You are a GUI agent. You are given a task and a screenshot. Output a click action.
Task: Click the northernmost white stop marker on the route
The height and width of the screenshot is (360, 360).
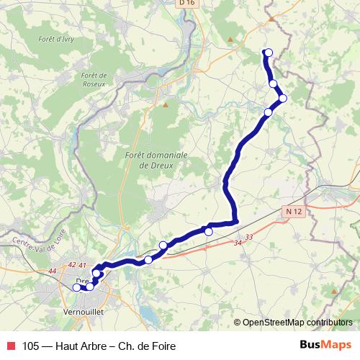pos(269,52)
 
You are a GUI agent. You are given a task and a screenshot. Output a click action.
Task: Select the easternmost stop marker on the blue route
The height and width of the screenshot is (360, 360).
pos(283,98)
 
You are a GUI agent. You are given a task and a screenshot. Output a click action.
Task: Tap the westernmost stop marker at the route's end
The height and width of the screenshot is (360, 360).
pos(77,287)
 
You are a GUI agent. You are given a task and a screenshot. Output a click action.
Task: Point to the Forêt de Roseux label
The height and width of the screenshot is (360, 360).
pos(94,78)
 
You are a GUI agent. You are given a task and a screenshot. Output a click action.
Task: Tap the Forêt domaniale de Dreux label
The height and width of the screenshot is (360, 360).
pos(156,159)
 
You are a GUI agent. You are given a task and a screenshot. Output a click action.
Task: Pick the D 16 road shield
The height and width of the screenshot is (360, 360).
pos(187,3)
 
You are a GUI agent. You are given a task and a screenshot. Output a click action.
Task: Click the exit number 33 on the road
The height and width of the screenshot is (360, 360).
pos(249,236)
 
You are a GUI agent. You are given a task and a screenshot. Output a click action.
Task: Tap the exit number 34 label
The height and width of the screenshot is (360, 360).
pos(238,243)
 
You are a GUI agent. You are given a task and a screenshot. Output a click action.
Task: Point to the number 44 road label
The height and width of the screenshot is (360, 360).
pos(52,271)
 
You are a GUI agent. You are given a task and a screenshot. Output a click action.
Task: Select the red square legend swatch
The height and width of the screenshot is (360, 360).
pos(10,346)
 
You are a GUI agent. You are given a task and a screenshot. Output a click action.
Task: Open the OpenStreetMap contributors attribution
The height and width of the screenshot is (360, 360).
pos(297,322)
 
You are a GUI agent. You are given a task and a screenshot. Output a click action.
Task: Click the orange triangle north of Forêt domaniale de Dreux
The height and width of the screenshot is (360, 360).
pos(166,105)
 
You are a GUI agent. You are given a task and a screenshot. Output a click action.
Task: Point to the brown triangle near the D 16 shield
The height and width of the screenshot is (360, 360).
pos(230,39)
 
